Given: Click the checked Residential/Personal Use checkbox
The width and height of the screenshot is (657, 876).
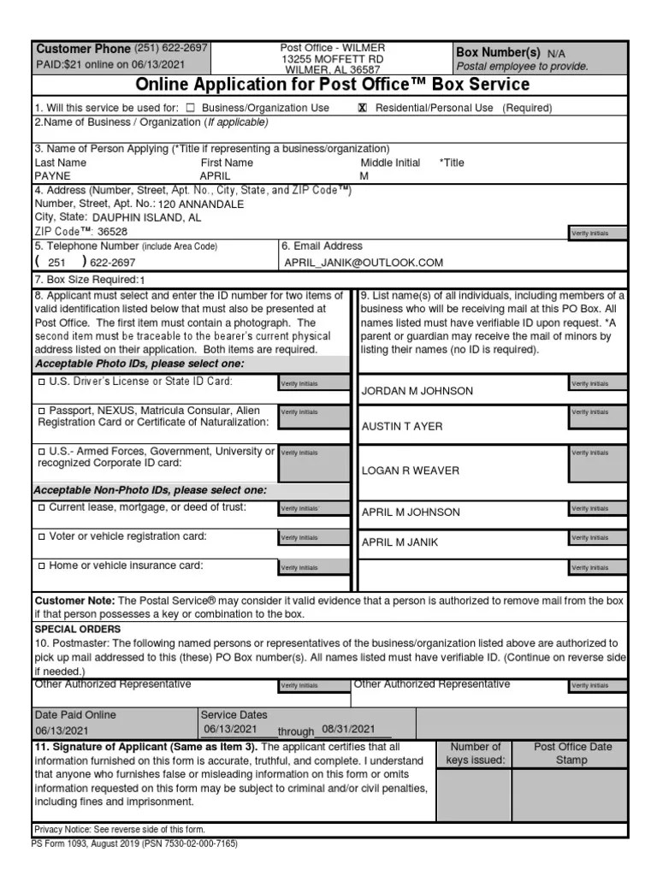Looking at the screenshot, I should click(362, 108).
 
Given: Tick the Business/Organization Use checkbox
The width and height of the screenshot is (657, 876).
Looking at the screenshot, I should click(190, 108).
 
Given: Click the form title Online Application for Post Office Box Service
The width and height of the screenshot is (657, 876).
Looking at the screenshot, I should click(333, 85).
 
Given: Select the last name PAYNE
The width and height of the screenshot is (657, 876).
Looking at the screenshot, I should click(53, 175).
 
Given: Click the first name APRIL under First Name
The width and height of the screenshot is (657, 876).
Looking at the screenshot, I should click(215, 175).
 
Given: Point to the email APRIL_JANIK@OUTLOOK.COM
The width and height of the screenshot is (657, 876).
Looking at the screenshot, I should click(364, 263).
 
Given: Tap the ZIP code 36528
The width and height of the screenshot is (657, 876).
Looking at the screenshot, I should click(112, 231).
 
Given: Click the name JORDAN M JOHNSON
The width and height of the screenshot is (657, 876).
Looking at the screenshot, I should click(417, 391).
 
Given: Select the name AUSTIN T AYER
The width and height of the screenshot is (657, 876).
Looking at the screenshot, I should click(402, 426).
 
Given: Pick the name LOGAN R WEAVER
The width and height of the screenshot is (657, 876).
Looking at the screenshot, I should click(411, 471).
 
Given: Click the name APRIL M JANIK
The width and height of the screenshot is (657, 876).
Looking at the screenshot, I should click(400, 542).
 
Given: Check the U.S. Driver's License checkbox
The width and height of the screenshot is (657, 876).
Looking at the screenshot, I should click(42, 382).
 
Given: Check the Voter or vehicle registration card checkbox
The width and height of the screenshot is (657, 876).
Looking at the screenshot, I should click(42, 536).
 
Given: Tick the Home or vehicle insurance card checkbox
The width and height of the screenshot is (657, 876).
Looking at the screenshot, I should click(42, 565).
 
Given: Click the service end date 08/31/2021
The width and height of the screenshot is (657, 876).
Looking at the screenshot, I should click(348, 729).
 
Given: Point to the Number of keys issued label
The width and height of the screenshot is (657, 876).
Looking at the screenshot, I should click(476, 753).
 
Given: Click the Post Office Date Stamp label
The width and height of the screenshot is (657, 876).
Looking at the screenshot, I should click(572, 753).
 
